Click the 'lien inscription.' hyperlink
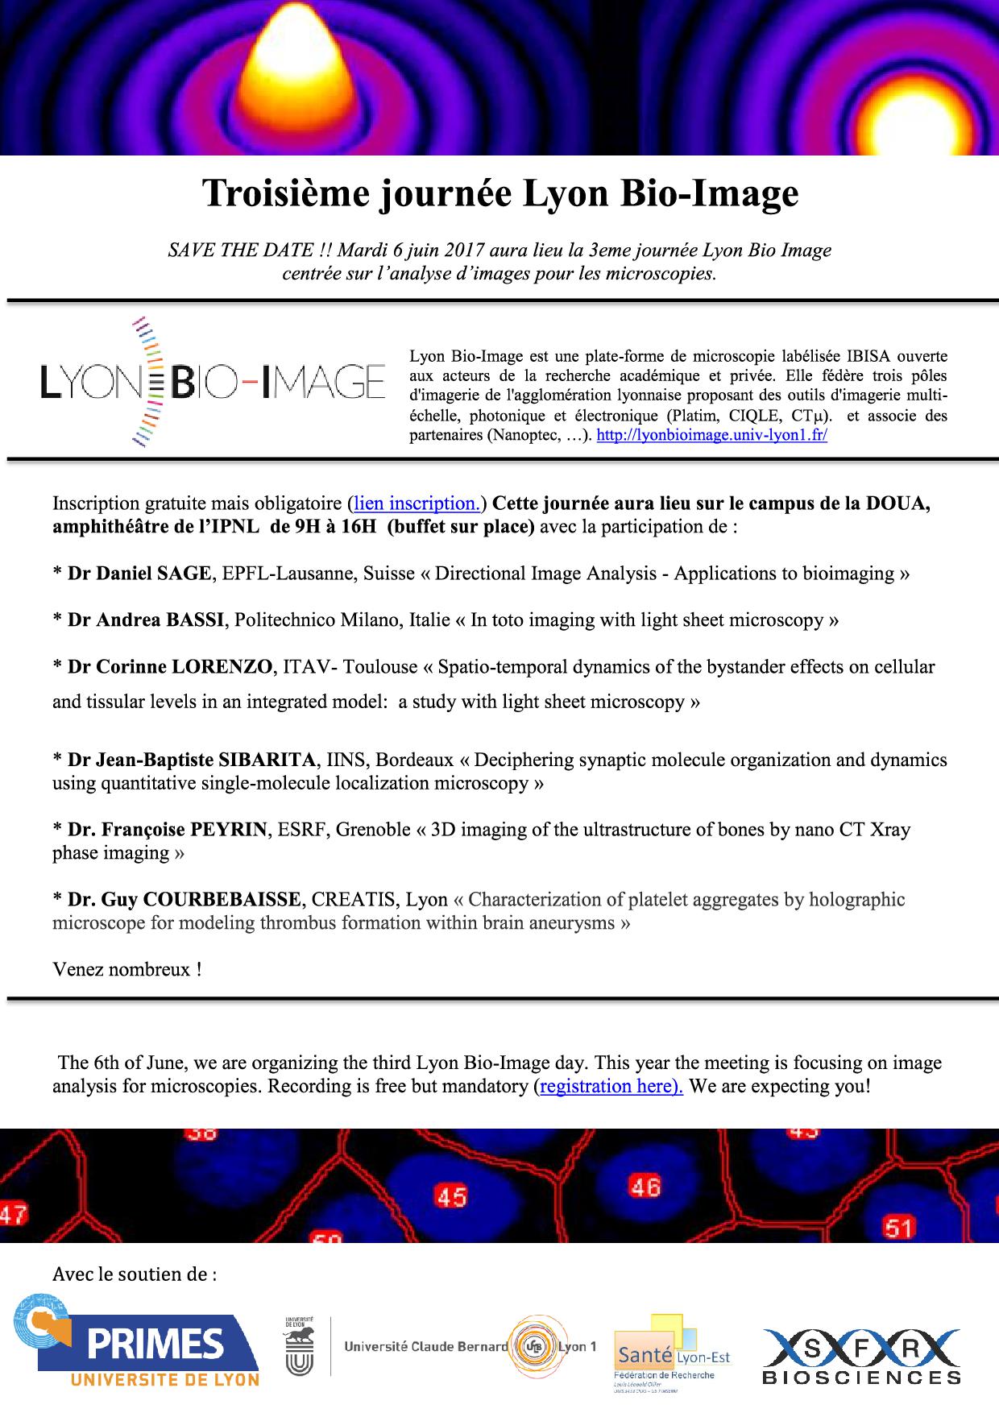[x=417, y=503]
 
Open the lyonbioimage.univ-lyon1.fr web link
[x=711, y=436]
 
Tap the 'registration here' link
[x=611, y=1086]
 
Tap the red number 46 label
[x=645, y=1186]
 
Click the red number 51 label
[x=898, y=1228]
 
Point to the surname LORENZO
[x=222, y=667]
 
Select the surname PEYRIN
[x=228, y=830]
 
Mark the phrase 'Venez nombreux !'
[x=126, y=969]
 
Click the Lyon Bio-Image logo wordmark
[x=213, y=381]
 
